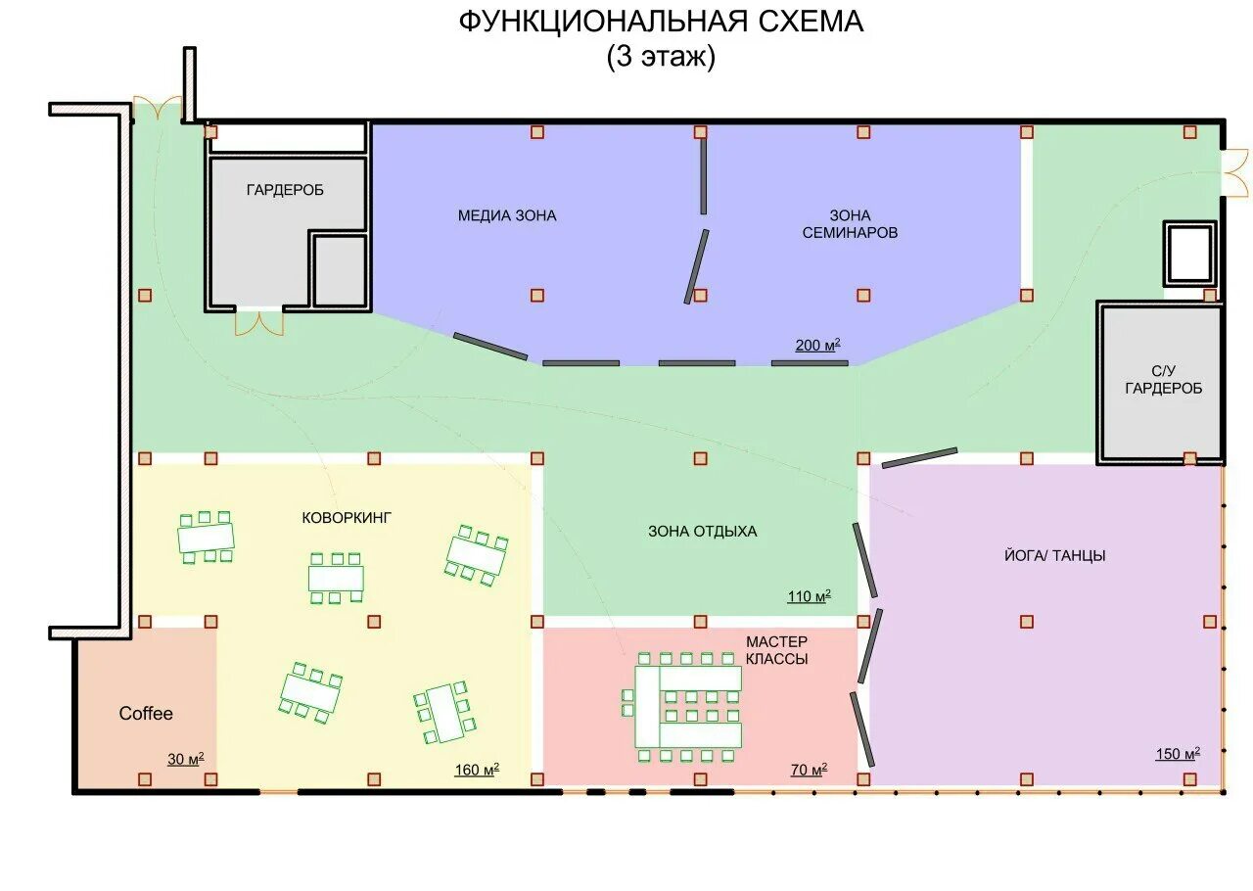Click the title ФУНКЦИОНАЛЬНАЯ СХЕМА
click(x=661, y=23)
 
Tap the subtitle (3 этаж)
click(x=661, y=57)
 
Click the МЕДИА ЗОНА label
click(x=507, y=215)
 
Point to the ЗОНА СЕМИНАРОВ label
click(x=850, y=224)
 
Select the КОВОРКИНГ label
click(x=347, y=518)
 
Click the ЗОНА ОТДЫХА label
click(x=703, y=531)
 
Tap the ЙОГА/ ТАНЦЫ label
click(x=1054, y=556)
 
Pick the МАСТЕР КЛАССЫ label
click(x=776, y=650)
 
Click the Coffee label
click(x=146, y=713)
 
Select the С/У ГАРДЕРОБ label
click(x=1164, y=380)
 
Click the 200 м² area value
click(x=817, y=346)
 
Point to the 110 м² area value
click(x=809, y=596)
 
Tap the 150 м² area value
click(x=1178, y=754)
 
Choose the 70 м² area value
click(x=809, y=770)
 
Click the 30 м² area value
click(x=185, y=759)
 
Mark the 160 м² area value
click(x=477, y=770)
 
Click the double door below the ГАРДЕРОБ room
click(x=259, y=322)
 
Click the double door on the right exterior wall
click(x=1235, y=173)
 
